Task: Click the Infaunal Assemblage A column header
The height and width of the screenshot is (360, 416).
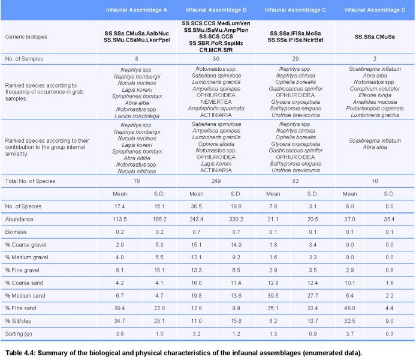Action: pos(136,10)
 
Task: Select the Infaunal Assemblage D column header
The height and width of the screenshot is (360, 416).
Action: pos(375,10)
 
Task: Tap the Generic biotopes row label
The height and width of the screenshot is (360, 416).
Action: pos(26,37)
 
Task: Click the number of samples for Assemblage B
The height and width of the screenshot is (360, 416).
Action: pos(216,59)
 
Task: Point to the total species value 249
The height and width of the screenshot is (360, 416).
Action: pos(216,181)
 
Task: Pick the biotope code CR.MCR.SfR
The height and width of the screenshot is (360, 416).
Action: pos(216,50)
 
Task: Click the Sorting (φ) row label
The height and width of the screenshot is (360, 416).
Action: pos(19,334)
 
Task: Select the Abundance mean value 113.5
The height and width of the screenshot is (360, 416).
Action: pos(120,219)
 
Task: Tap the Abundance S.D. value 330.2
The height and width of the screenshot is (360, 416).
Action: pos(236,219)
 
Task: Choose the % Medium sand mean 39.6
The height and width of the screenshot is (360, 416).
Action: pos(273,295)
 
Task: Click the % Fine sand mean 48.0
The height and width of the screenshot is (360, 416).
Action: pos(349,308)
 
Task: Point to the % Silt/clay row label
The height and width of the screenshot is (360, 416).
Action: pos(18,321)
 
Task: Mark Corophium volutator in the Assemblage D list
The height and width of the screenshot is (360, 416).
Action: pos(375,89)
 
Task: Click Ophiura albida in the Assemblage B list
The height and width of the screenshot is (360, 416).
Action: pos(216,144)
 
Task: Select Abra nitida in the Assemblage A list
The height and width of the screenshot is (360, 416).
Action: pos(137,158)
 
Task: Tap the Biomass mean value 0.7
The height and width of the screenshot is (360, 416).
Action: pos(197,232)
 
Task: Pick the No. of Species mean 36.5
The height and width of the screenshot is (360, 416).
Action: pos(197,206)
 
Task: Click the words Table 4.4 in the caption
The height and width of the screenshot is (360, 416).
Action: pos(20,353)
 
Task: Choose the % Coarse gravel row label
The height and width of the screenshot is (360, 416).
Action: pos(25,245)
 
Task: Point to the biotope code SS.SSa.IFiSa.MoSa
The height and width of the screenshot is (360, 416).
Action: pos(296,34)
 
